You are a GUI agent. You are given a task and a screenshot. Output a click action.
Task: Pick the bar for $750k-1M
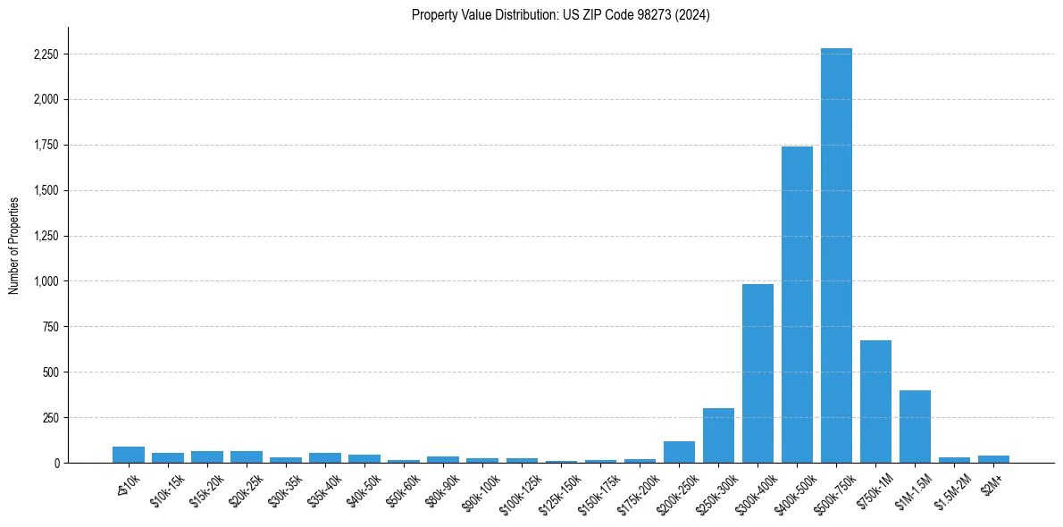point(875,402)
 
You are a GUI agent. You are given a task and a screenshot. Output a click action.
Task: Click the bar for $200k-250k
point(679,452)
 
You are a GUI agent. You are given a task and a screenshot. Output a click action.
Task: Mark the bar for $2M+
point(993,459)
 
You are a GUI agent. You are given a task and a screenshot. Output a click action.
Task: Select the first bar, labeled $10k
point(129,455)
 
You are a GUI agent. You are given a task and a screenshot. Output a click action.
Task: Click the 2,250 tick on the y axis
point(46,54)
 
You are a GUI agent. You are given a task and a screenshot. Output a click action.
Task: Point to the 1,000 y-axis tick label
point(46,281)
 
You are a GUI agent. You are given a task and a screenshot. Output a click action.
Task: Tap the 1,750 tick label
point(46,146)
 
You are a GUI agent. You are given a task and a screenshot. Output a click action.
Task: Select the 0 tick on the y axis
point(56,464)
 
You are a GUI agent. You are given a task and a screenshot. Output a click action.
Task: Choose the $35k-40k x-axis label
point(323,489)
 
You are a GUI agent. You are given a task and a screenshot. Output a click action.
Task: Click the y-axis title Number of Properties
point(14,246)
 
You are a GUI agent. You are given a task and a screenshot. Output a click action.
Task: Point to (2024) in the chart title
point(693,15)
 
